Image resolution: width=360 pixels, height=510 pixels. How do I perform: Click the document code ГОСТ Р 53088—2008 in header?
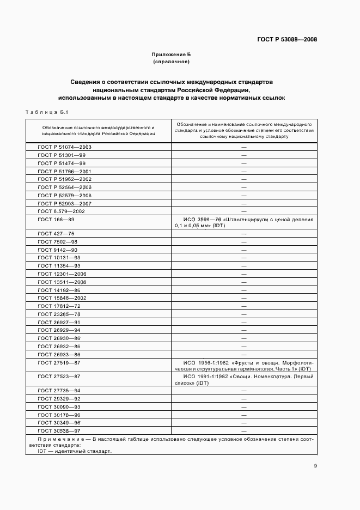tap(286, 40)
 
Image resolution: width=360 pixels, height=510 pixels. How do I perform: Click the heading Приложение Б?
tap(171, 55)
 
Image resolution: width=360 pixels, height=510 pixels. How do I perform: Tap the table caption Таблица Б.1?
tap(46, 112)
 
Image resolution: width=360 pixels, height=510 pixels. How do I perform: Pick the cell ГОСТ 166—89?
tap(56, 219)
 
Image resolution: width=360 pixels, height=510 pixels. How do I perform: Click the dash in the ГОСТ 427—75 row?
tap(244, 234)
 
